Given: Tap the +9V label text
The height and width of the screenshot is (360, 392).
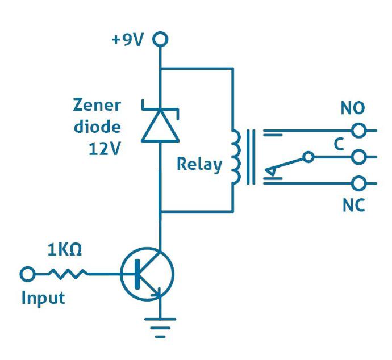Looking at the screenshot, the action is tap(128, 40).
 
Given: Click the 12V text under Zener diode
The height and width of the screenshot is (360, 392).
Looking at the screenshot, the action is tap(105, 149).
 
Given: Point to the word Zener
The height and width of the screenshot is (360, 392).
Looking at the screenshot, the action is tap(97, 105).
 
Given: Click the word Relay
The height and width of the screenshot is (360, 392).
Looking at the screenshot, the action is tap(199, 165).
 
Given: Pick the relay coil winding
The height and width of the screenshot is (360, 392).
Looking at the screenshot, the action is tap(236, 157).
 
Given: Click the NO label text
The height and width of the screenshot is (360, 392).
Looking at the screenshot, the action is tap(353, 108).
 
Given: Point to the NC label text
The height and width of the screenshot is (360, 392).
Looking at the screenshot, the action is tap(353, 206).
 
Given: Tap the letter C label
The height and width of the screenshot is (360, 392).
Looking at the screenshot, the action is tap(339, 144).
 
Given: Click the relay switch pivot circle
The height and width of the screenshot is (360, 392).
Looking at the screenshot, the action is tap(308, 157).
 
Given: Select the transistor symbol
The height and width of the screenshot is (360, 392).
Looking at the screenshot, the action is tap(147, 274).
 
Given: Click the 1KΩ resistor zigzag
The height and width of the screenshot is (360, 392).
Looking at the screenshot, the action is tap(68, 274).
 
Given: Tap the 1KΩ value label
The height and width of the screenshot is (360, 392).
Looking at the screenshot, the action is tap(65, 250).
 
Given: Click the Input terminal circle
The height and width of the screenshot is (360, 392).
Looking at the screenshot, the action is tap(27, 274).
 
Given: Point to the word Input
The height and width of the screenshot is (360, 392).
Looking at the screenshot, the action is tap(43, 298).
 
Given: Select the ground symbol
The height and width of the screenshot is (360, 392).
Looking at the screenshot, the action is tap(160, 328).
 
